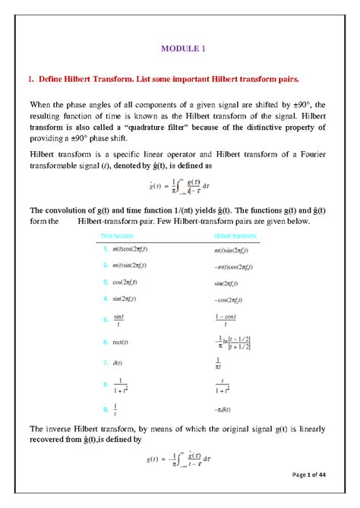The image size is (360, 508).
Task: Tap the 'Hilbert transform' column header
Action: [x=235, y=237]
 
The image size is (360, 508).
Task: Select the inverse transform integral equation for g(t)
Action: [x=180, y=459]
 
